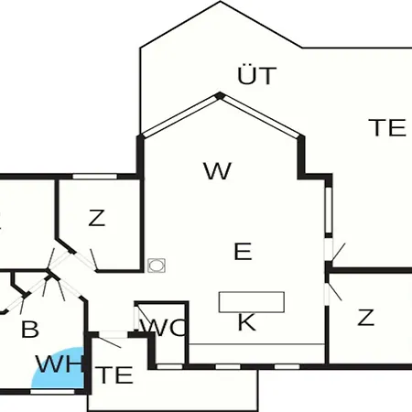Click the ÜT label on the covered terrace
point(257,75)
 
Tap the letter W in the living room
point(218,171)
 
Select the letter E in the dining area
point(243,251)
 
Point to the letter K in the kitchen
point(246,322)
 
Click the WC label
point(163,328)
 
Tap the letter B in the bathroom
point(30,329)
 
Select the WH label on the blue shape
point(59,363)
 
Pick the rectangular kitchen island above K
point(252,302)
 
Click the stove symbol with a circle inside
point(157,266)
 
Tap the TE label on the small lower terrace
point(114,375)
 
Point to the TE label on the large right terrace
point(387,127)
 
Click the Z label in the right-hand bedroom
point(365,318)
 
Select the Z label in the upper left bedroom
point(97,218)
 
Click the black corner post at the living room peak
point(220,96)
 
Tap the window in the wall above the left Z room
point(95,177)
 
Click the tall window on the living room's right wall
point(329,210)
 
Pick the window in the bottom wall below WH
point(52,392)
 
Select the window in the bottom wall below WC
point(169,366)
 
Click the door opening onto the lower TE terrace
point(114,335)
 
